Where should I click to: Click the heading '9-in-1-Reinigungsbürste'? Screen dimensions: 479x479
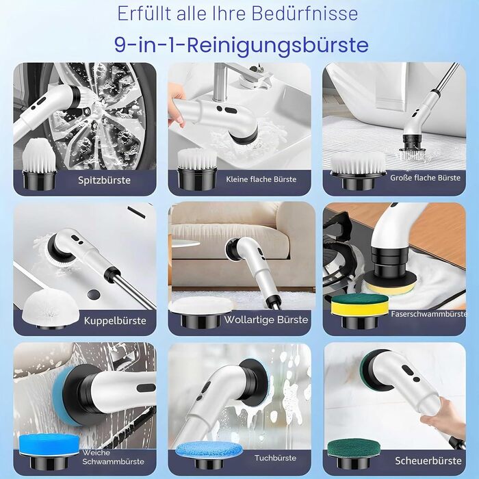[242, 45]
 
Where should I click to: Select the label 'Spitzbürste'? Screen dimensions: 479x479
[104, 180]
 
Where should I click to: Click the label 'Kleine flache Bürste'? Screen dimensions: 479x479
[261, 179]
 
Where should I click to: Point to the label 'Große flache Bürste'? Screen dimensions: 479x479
[425, 178]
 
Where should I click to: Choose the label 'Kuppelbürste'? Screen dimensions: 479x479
[115, 321]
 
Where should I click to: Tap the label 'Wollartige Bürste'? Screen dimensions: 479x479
[266, 320]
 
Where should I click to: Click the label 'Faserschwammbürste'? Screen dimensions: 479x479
[429, 313]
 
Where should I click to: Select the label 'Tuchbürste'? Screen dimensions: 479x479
[276, 458]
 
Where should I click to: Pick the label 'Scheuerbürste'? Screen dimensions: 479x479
[428, 461]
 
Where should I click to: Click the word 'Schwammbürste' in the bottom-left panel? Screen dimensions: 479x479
[113, 461]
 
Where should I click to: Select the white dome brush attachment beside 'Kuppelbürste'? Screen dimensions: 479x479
[51, 309]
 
